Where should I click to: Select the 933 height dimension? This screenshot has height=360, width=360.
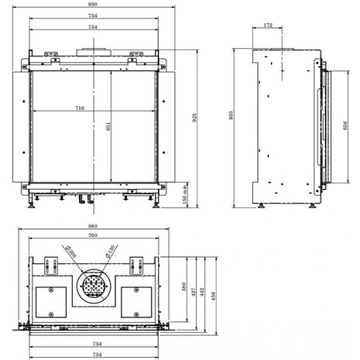pyautogui.click(x=230, y=114)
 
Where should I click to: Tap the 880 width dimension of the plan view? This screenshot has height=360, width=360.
pyautogui.click(x=93, y=228)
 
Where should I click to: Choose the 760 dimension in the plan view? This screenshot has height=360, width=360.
pyautogui.click(x=93, y=236)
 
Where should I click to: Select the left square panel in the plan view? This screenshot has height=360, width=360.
pyautogui.click(x=51, y=300)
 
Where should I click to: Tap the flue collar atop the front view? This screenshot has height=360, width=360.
pyautogui.click(x=93, y=53)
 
